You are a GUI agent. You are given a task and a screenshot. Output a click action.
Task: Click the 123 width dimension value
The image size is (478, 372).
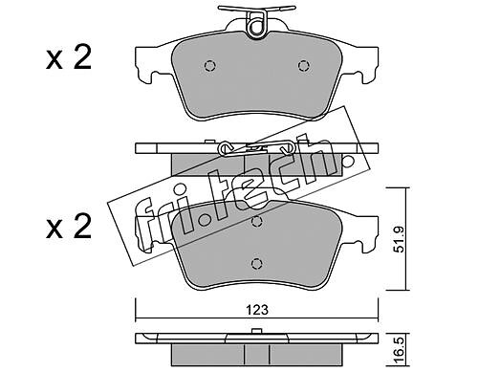(x=257, y=310)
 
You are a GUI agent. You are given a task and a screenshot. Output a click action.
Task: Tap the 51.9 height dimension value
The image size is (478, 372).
(x=399, y=239)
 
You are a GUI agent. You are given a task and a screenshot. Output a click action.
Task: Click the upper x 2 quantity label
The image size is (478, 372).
(x=69, y=57)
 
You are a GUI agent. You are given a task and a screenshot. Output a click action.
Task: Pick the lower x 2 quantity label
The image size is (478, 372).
(x=69, y=227)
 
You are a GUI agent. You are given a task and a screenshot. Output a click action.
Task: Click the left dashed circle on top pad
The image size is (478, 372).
(x=209, y=66)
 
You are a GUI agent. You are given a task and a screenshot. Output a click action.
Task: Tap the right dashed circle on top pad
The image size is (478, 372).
(x=304, y=66)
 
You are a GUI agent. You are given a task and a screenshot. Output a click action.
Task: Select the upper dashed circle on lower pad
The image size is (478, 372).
(x=256, y=221)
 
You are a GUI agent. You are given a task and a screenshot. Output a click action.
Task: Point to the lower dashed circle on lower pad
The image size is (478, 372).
(x=256, y=263)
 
